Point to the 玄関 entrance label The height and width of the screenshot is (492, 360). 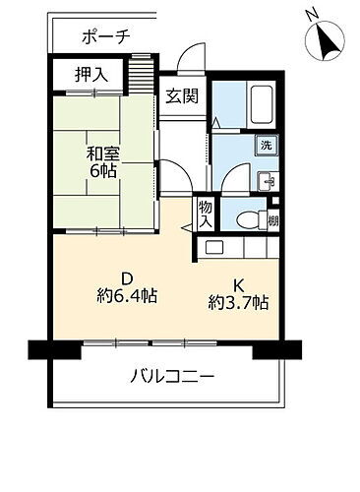click(180, 95)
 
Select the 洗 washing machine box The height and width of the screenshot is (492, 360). click(266, 146)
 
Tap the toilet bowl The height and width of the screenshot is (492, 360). click(245, 219)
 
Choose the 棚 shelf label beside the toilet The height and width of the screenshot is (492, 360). click(272, 220)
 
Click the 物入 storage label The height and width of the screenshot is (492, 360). click(205, 214)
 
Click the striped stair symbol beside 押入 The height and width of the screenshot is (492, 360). click(144, 75)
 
